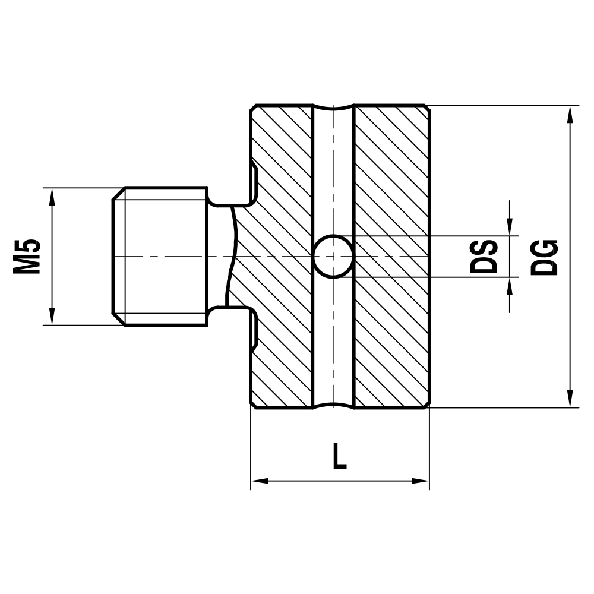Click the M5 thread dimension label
pyautogui.click(x=27, y=256)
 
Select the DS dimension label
pyautogui.click(x=484, y=256)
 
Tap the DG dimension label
pyautogui.click(x=545, y=257)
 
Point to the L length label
pyautogui.click(x=339, y=457)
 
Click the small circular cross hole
pyautogui.click(x=333, y=256)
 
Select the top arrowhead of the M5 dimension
pyautogui.click(x=52, y=196)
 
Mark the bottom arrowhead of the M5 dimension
pyautogui.click(x=52, y=317)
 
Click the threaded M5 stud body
pyautogui.click(x=160, y=256)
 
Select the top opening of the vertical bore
pyautogui.click(x=333, y=108)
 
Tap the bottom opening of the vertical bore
pyautogui.click(x=333, y=406)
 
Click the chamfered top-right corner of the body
pyautogui.click(x=426, y=108)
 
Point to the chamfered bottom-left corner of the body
pyautogui.click(x=254, y=405)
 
